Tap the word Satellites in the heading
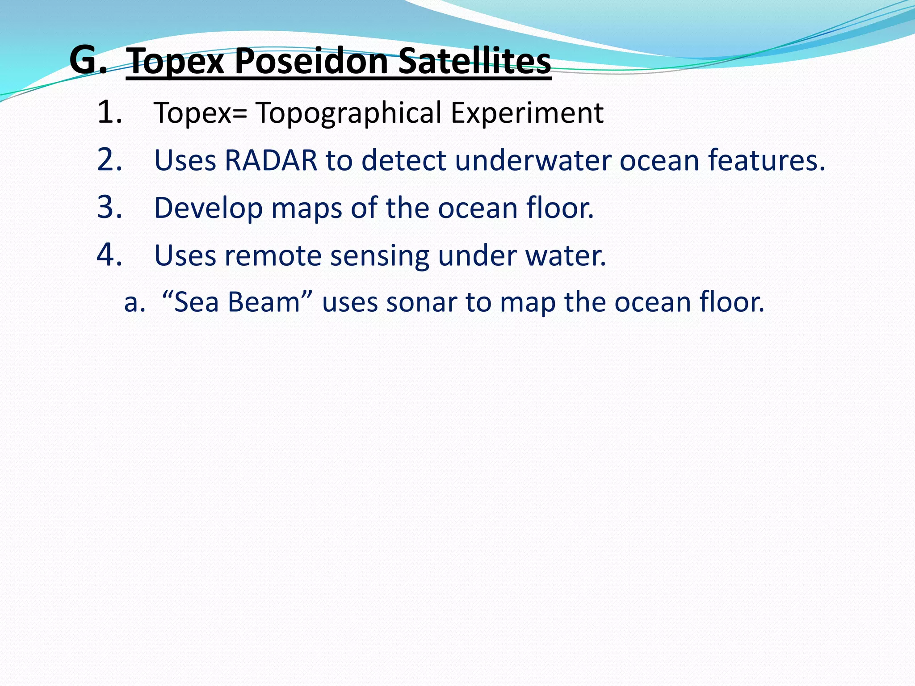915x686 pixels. (474, 61)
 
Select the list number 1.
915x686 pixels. (109, 112)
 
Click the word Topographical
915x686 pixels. (348, 113)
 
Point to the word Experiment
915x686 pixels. (527, 113)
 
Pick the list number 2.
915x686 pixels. (109, 159)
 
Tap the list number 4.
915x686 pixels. (109, 255)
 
